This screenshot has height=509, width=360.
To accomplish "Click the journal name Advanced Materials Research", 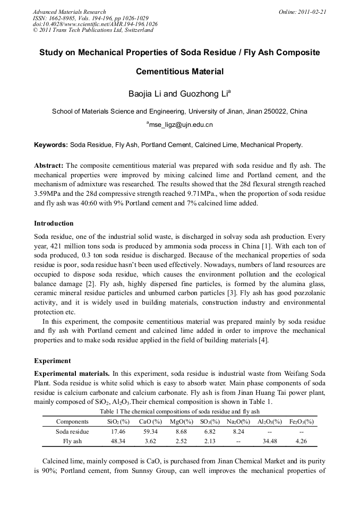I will [x=69, y=12].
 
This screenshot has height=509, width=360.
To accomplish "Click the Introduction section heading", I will [x=54, y=223].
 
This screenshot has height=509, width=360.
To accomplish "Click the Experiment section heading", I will [x=52, y=360].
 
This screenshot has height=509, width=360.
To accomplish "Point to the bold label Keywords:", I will [x=51, y=144].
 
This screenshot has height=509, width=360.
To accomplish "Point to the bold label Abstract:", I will [x=48, y=165].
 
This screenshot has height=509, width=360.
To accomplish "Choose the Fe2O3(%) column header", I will [x=301, y=421].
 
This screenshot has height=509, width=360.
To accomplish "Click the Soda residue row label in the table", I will [x=72, y=432].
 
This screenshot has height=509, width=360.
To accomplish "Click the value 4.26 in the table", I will [x=301, y=441].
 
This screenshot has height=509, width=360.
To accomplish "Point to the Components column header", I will [x=72, y=421].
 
